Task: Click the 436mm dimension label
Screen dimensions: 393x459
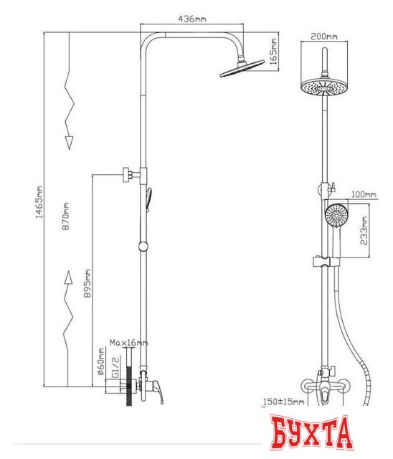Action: [192, 19]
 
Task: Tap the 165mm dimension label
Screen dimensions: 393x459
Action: [273, 52]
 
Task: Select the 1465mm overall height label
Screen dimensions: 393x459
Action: [39, 202]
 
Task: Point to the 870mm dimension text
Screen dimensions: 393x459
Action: [66, 216]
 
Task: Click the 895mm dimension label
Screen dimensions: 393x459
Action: [87, 283]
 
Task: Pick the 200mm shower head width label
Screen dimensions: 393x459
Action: [324, 37]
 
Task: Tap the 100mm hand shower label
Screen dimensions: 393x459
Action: [364, 194]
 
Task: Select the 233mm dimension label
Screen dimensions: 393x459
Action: [364, 231]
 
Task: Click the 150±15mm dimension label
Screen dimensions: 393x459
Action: [284, 402]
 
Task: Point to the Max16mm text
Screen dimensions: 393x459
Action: [129, 343]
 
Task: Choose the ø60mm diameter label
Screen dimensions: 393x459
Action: [100, 361]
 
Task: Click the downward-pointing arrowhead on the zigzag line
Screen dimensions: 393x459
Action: [69, 143]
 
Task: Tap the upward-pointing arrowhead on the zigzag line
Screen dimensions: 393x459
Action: [68, 278]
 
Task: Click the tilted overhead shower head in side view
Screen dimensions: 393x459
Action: [242, 69]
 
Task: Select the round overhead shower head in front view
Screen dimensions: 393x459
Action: [324, 86]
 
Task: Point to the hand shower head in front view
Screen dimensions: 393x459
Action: [336, 217]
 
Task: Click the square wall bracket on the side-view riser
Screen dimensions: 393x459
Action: [128, 175]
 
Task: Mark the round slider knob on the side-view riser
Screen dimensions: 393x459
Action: [143, 247]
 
